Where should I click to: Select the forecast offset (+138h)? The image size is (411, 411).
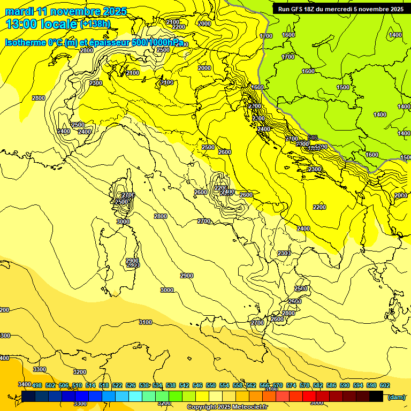click(x=95, y=24)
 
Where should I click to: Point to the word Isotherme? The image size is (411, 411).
click(x=25, y=42)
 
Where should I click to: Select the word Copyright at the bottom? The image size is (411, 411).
click(x=201, y=407)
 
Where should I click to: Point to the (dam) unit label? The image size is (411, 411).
click(x=396, y=397)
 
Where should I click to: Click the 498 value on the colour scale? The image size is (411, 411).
click(x=37, y=385)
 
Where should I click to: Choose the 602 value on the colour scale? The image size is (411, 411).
click(x=384, y=385)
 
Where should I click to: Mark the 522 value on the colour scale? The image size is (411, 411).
click(x=117, y=385)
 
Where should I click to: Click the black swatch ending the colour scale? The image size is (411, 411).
click(x=376, y=397)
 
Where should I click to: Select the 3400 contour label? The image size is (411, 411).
click(x=24, y=384)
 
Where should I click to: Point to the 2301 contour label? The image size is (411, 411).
click(x=284, y=253)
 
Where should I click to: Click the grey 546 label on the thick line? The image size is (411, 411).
click(x=313, y=138)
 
